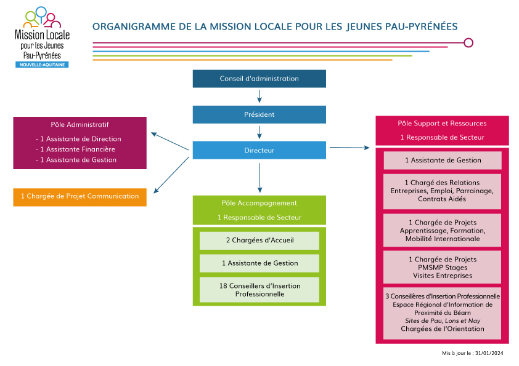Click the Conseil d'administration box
coord(259,79)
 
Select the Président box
coord(259,114)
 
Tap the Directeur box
coord(259,150)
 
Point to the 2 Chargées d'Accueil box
coord(259,241)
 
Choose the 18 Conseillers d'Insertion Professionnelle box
coord(259,290)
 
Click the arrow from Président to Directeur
coord(259,132)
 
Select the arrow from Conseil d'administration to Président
coord(259,96)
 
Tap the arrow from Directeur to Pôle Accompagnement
coord(259,178)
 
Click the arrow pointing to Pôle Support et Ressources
coord(349,148)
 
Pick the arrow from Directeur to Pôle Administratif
coord(170,141)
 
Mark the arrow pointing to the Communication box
coord(171,175)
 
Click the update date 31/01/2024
coord(489,353)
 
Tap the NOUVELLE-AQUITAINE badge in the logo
coord(42,65)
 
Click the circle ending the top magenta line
coord(468,42)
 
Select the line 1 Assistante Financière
coord(75,149)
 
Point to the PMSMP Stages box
coord(442,267)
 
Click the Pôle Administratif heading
coord(80,124)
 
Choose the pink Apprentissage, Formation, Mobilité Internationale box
coord(442,231)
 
